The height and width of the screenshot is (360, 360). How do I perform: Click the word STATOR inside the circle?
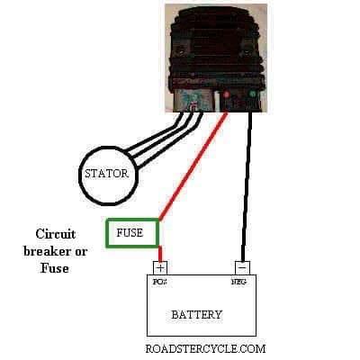click(106, 174)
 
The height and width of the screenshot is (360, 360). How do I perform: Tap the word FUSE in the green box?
click(130, 233)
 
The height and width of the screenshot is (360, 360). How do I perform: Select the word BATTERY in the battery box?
click(197, 314)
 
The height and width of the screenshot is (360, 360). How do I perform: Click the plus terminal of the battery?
click(160, 267)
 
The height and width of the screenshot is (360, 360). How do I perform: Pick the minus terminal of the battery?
click(242, 267)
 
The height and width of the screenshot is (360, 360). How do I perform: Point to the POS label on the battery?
click(159, 282)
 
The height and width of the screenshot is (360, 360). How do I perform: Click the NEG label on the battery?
click(239, 282)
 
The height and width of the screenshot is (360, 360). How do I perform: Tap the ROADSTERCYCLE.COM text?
click(205, 348)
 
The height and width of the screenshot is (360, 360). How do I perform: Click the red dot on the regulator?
click(227, 94)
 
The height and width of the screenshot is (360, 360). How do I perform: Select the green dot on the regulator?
click(252, 94)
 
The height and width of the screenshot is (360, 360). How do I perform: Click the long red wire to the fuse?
click(193, 166)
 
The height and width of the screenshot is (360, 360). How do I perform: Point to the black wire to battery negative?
click(247, 186)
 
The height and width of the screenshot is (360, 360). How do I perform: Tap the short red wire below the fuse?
click(160, 254)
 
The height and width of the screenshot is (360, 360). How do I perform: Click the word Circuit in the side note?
click(56, 234)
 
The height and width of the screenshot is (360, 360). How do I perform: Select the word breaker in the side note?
click(49, 251)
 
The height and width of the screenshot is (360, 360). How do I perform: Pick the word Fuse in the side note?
click(55, 268)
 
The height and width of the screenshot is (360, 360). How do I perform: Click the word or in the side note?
click(82, 252)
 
